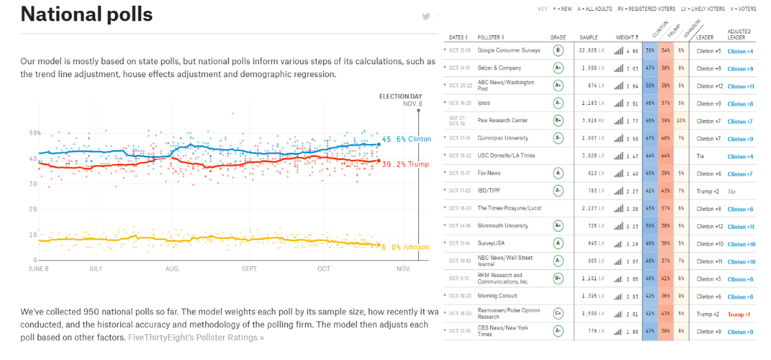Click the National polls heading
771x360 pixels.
coord(86,14)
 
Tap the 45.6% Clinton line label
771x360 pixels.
coord(406,139)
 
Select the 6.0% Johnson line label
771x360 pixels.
coord(405,248)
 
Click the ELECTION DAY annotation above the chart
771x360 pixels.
coord(400,97)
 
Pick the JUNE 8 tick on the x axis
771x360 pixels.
coord(38,269)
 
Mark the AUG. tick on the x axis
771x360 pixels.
coord(172,269)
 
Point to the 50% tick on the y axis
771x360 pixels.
coord(34,133)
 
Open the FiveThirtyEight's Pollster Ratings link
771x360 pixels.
coord(195,337)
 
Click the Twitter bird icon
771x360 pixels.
coord(426,17)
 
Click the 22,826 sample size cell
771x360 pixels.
coord(589,50)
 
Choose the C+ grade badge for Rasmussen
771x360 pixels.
coord(558,314)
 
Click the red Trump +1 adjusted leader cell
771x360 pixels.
coord(739,314)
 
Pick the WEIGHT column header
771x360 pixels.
coord(624,37)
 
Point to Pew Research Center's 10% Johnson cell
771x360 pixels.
coord(682,120)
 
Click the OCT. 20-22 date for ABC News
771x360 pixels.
coord(460,85)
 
